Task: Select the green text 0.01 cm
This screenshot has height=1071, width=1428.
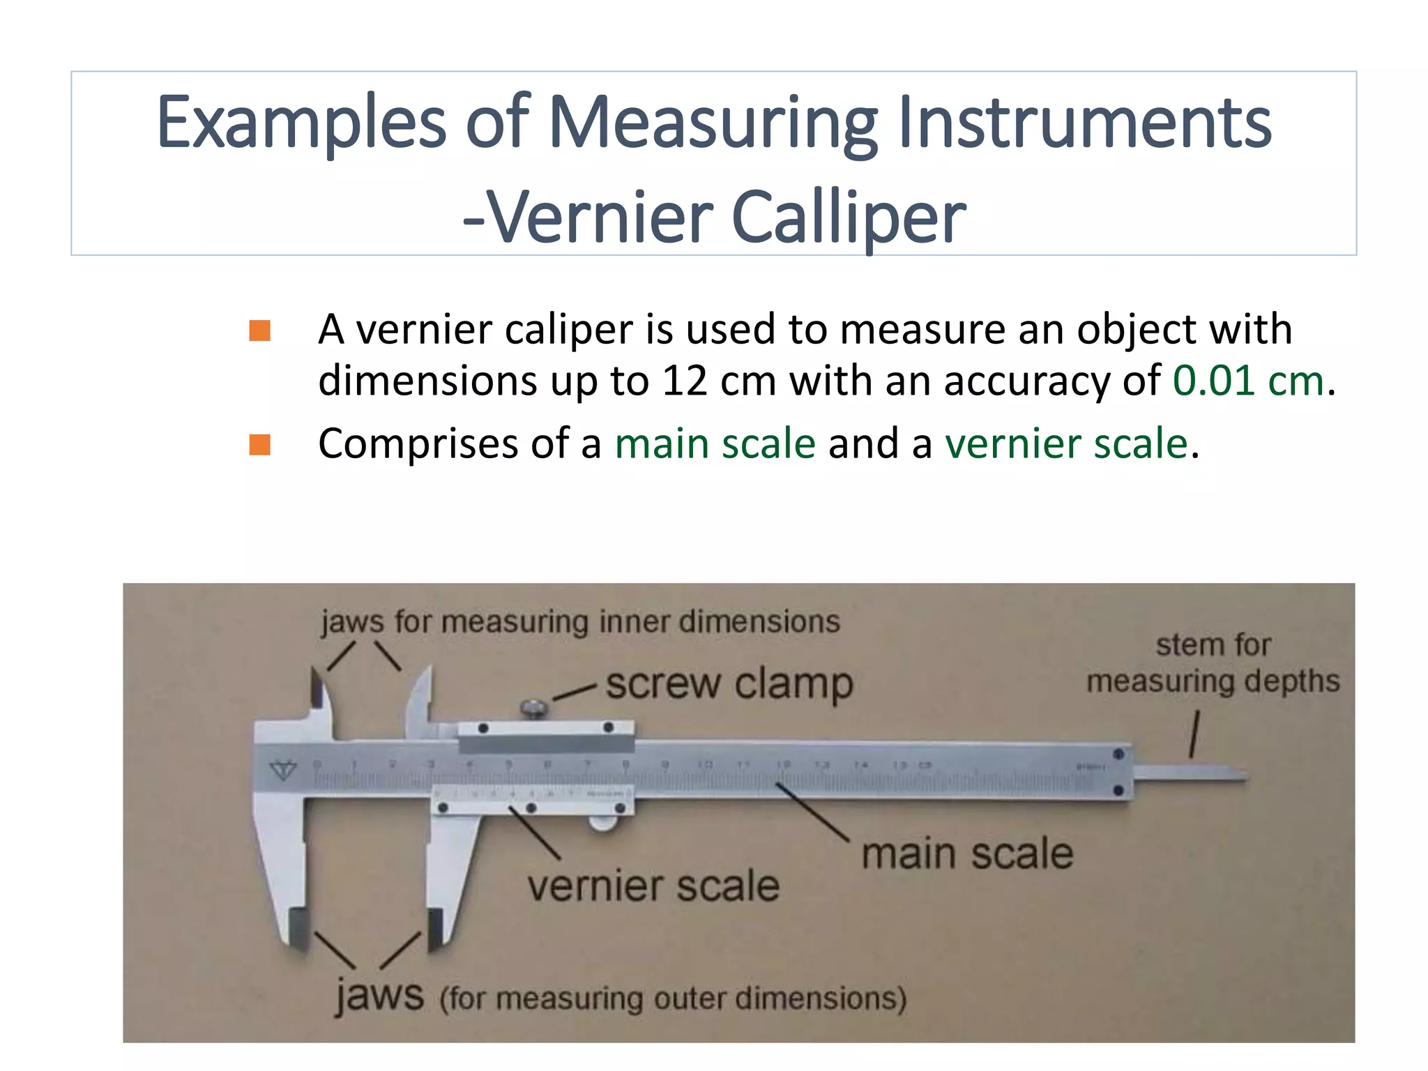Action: click(x=1247, y=381)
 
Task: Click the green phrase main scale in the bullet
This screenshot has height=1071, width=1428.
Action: click(x=715, y=443)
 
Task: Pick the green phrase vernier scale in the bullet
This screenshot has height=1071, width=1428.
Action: click(x=1066, y=443)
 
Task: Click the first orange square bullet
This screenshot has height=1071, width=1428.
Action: click(x=259, y=331)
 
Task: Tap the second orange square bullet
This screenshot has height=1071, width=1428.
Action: click(x=259, y=444)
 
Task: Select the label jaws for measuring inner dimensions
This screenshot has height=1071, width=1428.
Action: click(x=580, y=621)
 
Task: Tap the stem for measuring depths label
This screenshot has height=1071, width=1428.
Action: click(x=1213, y=663)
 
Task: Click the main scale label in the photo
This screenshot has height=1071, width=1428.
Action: click(x=967, y=853)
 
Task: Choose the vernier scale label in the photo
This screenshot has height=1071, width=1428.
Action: click(x=653, y=886)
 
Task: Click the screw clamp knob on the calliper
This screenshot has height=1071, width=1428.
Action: click(x=534, y=709)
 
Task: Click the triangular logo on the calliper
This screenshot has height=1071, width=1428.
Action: click(x=284, y=770)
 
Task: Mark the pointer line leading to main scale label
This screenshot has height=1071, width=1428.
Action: click(x=812, y=812)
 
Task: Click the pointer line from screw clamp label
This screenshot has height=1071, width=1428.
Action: click(x=575, y=692)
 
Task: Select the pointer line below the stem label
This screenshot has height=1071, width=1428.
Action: click(x=1195, y=734)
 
